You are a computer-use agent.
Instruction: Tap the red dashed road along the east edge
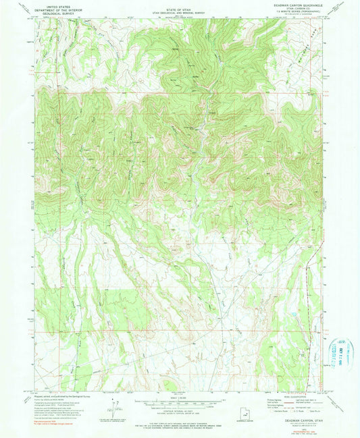pos(319,270)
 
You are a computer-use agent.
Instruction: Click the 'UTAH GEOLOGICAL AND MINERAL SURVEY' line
pos(180,10)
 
